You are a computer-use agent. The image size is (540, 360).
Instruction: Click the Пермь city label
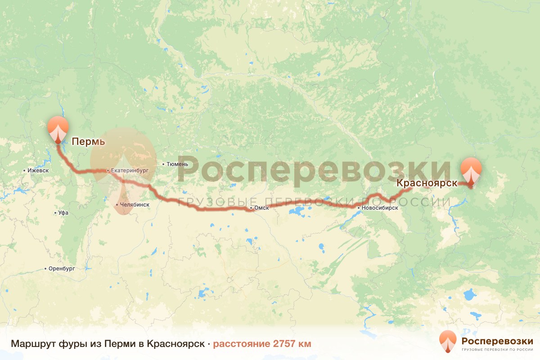(x=88, y=142)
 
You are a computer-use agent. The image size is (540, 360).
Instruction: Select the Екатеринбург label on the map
(x=130, y=171)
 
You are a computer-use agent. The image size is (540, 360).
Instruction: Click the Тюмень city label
(x=177, y=164)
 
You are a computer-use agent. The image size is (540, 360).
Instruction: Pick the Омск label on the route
(x=261, y=208)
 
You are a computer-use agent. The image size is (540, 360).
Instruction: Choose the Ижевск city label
(x=38, y=171)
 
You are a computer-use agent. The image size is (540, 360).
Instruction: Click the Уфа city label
(x=63, y=212)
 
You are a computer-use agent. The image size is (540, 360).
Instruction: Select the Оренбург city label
(x=62, y=269)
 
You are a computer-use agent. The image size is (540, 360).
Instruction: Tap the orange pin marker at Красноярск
(x=471, y=170)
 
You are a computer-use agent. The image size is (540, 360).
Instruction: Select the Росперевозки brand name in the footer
(x=497, y=340)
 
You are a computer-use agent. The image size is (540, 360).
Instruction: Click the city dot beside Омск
(x=251, y=208)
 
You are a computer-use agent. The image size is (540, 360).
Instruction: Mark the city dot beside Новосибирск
(x=359, y=208)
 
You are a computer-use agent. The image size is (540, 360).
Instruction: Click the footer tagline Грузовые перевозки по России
(x=497, y=350)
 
